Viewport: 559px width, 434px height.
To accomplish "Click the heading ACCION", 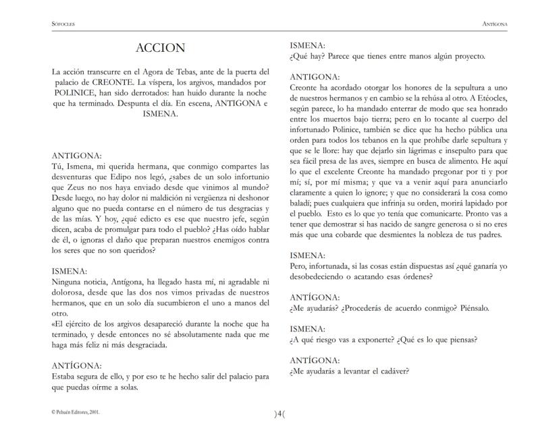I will pos(160,49).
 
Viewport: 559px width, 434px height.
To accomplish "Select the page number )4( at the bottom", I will pos(279,414).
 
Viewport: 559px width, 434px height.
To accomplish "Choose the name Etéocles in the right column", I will pos(487,99).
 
